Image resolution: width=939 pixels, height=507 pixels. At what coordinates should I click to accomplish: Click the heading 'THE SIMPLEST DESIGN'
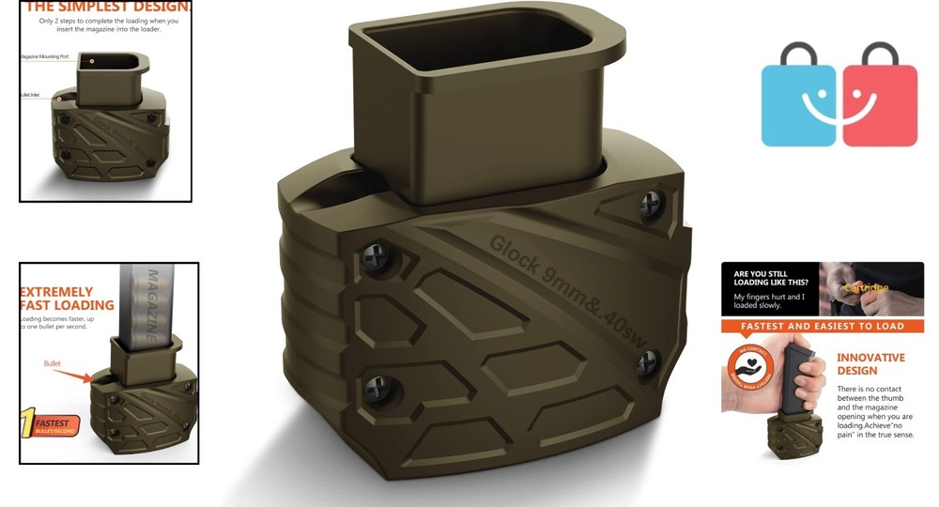(107, 7)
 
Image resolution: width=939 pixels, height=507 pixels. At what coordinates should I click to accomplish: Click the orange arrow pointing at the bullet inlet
(72, 376)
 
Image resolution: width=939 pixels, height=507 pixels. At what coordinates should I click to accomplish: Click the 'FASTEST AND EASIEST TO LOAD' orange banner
(822, 327)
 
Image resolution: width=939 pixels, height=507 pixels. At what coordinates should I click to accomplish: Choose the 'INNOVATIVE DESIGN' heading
(870, 364)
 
